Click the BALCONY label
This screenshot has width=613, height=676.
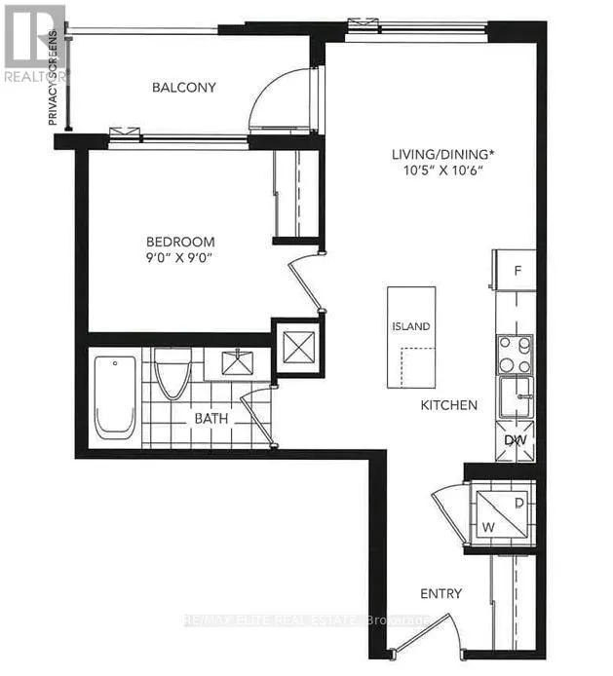[x=183, y=88]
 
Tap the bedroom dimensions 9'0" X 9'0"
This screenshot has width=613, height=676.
[x=180, y=259]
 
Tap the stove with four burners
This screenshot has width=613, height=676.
[x=514, y=353]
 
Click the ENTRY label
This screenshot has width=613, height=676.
[x=441, y=593]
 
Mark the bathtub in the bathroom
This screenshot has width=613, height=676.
[x=114, y=398]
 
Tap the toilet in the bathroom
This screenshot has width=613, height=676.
[x=172, y=372]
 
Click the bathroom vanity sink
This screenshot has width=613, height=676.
[x=234, y=364]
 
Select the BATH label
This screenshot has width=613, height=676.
[x=211, y=418]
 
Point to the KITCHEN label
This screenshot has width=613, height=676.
[x=448, y=404]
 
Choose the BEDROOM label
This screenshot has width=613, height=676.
[x=180, y=242]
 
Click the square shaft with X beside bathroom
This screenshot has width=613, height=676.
[x=296, y=344]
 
